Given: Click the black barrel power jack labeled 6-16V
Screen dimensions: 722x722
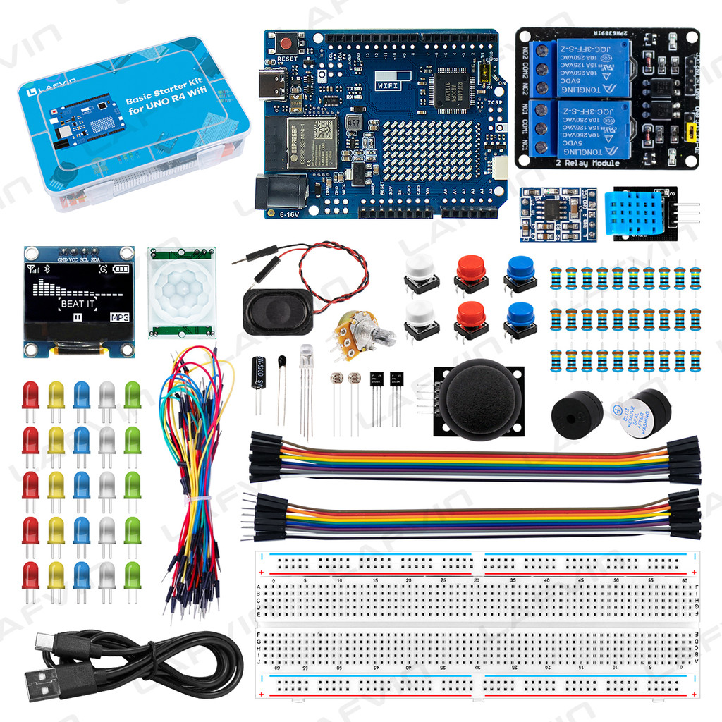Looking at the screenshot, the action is pos(281,193).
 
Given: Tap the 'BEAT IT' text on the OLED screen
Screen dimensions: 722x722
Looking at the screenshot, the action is pos(77,304).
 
